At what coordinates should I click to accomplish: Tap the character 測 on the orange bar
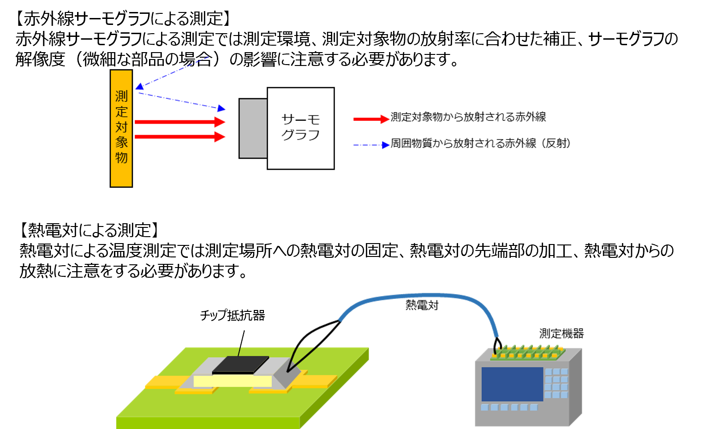point(121,96)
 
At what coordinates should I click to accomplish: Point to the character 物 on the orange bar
point(121,157)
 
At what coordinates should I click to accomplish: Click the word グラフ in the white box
point(300,135)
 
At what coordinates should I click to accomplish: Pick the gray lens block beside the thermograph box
point(253,128)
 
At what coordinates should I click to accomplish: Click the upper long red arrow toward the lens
point(180,122)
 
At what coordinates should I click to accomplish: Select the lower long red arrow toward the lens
point(180,137)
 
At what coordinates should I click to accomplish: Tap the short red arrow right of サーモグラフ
point(371,119)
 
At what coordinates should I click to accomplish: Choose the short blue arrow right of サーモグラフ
point(371,145)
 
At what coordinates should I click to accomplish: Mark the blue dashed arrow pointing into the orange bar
point(173,72)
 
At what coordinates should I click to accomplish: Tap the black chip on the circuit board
point(240,364)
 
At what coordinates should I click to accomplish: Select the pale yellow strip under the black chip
point(233,381)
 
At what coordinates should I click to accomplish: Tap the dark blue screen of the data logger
point(512,384)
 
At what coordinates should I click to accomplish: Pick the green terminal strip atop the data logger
point(527,352)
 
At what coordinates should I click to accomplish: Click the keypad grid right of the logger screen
point(556,383)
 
